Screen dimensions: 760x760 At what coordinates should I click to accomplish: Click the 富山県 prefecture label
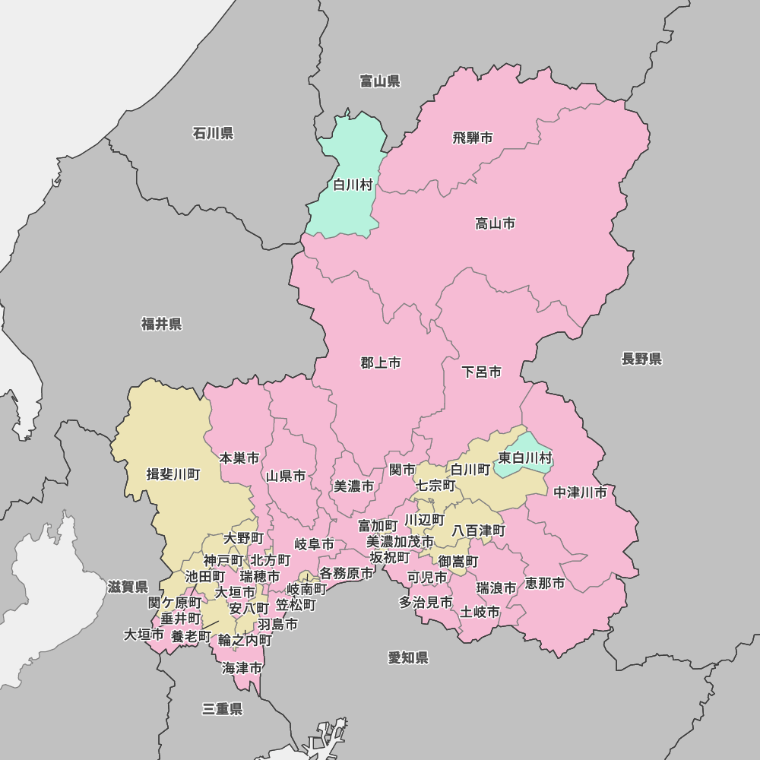click(x=380, y=81)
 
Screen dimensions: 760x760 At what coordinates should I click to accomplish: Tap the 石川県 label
click(x=213, y=134)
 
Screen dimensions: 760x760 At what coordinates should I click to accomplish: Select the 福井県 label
click(x=162, y=325)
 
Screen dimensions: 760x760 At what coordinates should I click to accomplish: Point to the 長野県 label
click(x=641, y=359)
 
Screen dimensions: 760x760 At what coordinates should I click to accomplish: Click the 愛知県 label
click(x=408, y=657)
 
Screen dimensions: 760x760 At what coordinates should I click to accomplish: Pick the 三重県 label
click(x=222, y=709)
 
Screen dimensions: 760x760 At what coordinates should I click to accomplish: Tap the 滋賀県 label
click(x=128, y=587)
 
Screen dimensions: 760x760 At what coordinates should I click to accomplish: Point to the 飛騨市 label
click(x=473, y=138)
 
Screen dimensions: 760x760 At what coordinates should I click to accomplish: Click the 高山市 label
click(x=496, y=223)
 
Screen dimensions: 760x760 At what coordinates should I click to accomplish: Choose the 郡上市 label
click(x=381, y=363)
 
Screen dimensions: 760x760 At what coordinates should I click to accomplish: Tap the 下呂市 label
click(x=482, y=372)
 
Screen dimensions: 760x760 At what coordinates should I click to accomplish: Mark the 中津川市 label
click(x=581, y=492)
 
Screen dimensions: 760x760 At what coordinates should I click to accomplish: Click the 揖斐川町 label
click(x=173, y=474)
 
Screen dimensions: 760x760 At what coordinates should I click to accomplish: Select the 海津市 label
click(x=242, y=668)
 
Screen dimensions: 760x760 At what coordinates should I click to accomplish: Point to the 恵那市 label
click(x=545, y=583)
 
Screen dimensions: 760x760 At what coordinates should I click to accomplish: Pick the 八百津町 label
click(x=479, y=530)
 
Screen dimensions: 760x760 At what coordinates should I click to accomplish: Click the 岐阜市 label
click(x=315, y=544)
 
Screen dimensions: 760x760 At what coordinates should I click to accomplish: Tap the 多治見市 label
click(x=426, y=602)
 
